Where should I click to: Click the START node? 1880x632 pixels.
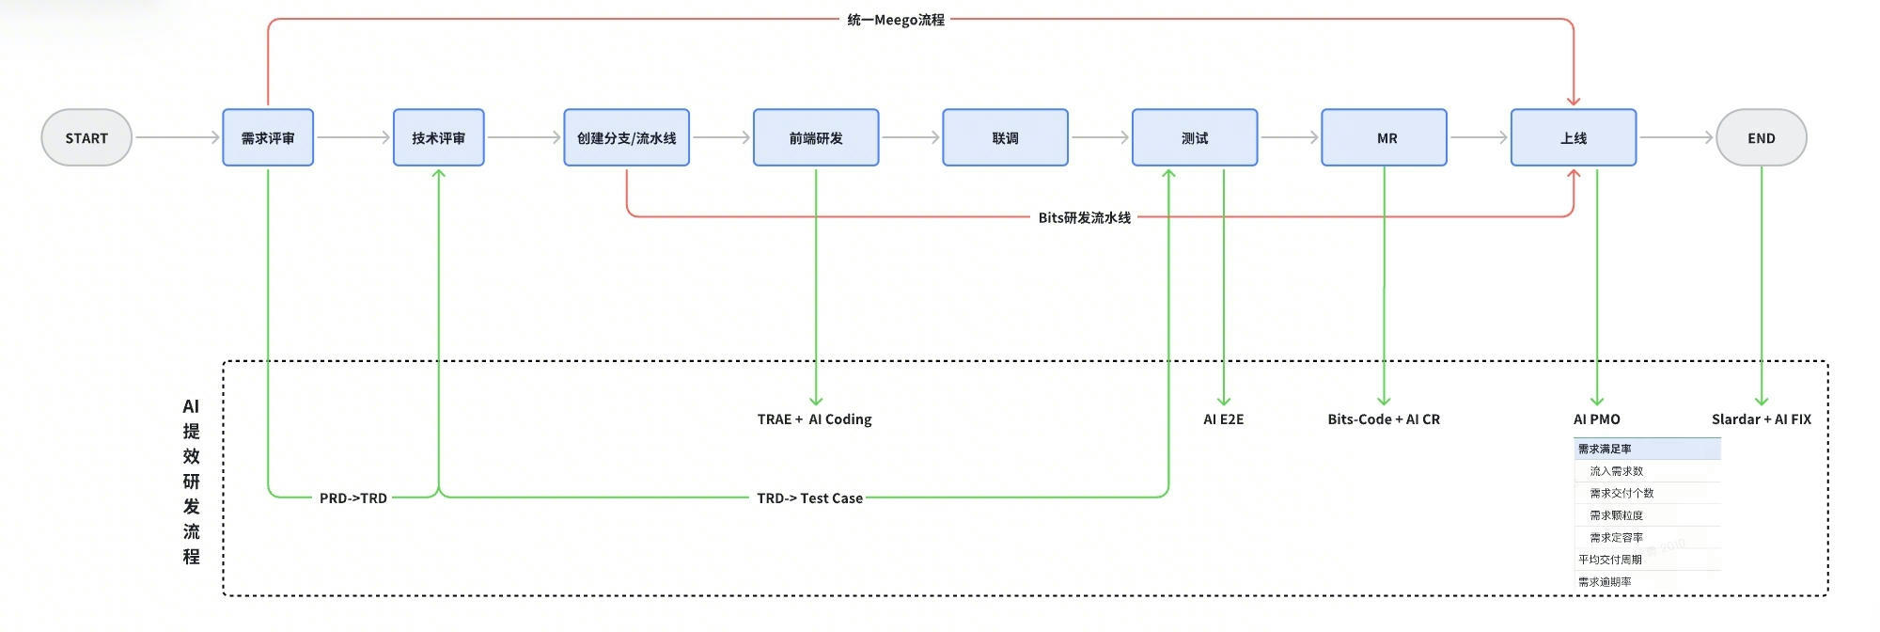click(x=86, y=138)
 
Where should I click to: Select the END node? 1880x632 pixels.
click(x=1761, y=138)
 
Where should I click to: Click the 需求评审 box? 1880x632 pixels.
click(x=268, y=138)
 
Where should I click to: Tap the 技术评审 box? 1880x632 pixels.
click(x=438, y=138)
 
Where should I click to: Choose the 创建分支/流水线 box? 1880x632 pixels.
click(x=626, y=138)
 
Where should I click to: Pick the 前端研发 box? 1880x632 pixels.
click(x=816, y=138)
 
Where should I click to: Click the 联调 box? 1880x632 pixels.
click(x=1005, y=138)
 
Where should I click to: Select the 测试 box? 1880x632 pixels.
click(x=1195, y=138)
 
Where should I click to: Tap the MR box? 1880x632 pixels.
click(x=1385, y=138)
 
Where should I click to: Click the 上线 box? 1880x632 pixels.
click(x=1574, y=138)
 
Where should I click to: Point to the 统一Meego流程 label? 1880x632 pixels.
click(x=896, y=20)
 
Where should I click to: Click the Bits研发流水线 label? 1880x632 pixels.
click(x=1085, y=217)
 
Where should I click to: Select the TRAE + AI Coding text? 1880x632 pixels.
click(x=815, y=419)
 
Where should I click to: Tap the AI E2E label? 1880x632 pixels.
click(x=1224, y=419)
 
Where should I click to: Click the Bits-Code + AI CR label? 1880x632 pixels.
click(x=1384, y=419)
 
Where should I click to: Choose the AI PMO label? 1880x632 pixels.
click(x=1597, y=419)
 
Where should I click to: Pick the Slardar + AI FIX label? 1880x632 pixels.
click(x=1761, y=419)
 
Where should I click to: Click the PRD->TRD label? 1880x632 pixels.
click(x=353, y=498)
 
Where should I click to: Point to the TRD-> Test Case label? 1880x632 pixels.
click(x=809, y=498)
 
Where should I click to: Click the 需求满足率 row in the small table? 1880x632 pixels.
click(x=1646, y=450)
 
